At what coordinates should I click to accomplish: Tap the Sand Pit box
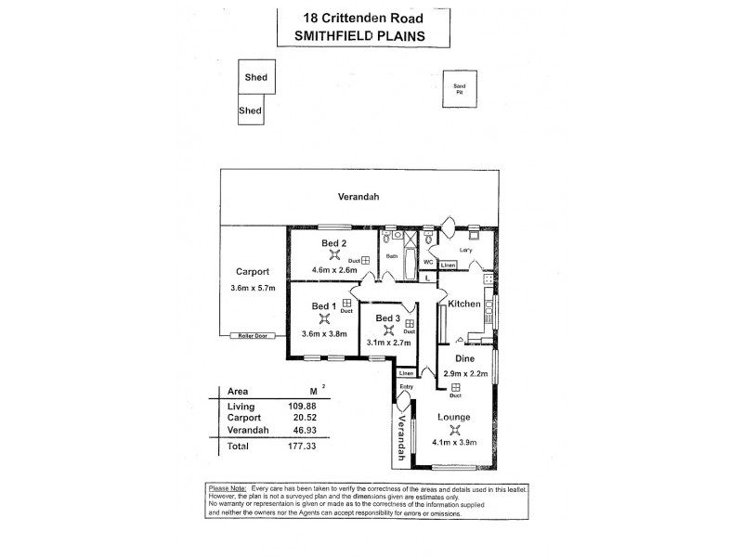click(458, 89)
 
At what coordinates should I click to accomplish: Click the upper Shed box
click(255, 78)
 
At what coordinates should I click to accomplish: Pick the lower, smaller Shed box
click(250, 110)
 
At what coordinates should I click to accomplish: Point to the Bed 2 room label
click(333, 243)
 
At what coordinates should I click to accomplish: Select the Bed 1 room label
click(322, 306)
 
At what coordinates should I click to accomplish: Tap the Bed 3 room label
click(387, 318)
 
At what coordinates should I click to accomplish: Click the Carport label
click(252, 272)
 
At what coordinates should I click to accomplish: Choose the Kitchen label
click(464, 304)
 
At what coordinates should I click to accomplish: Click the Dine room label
click(465, 357)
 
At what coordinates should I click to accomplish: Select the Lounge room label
click(454, 417)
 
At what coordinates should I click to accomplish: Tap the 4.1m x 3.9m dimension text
click(454, 443)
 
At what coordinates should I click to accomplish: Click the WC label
click(429, 262)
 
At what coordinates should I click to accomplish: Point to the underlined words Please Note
click(228, 489)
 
